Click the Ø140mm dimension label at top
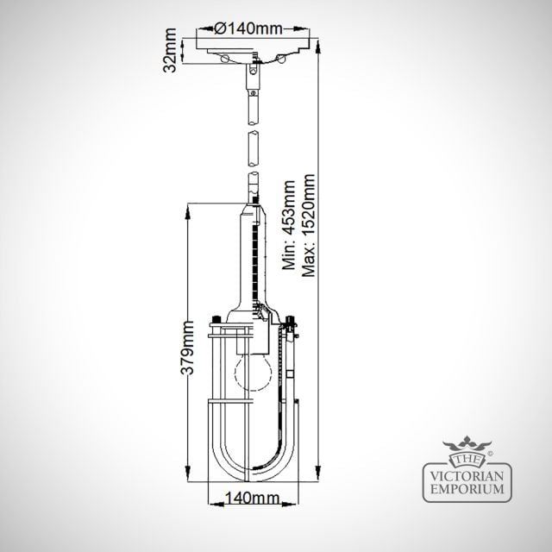pos(248,28)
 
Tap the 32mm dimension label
pos(170,50)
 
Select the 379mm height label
pos(187,348)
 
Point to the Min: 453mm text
pos(289,225)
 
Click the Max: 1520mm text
pos(309,225)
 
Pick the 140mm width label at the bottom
pos(252,499)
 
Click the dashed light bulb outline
pos(254,373)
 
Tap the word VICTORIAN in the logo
pos(467,477)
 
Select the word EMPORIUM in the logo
pos(467,489)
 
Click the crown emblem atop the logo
pos(467,443)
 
